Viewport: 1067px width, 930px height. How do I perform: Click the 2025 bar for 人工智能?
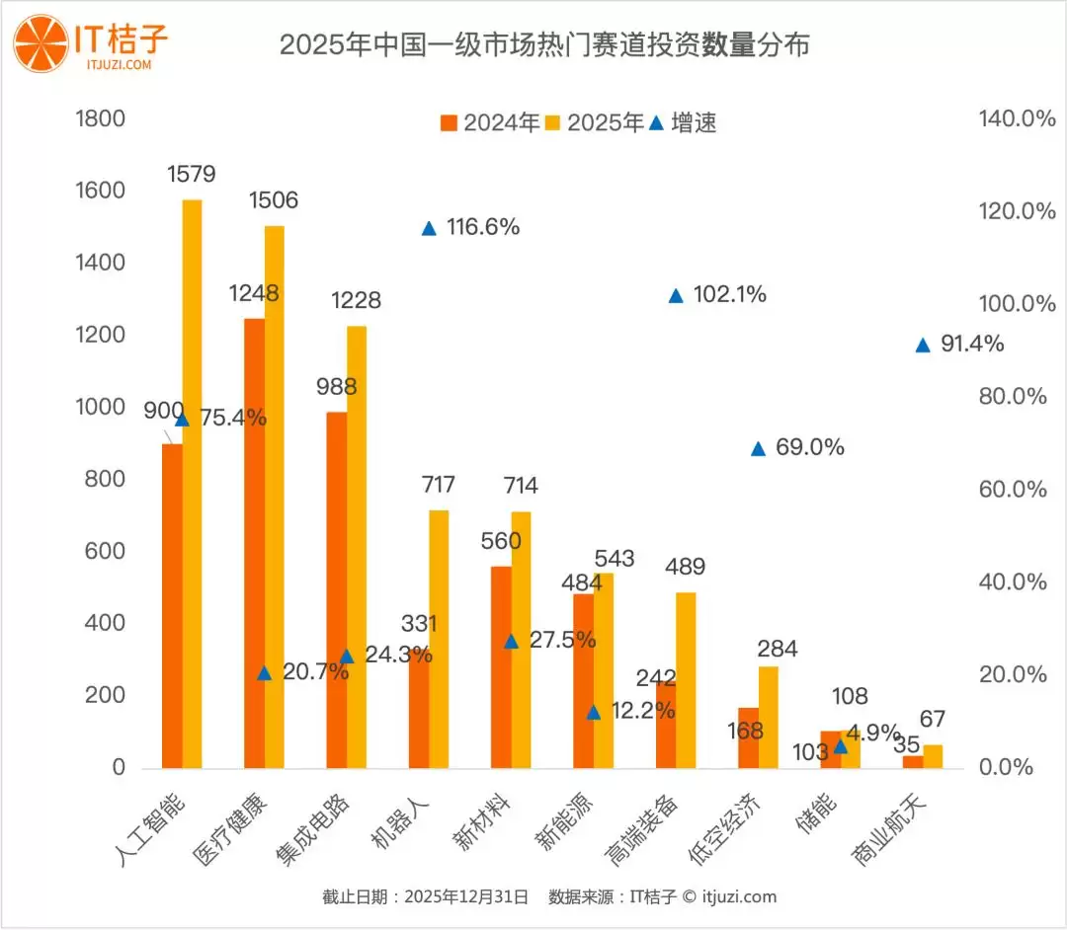pyautogui.click(x=192, y=484)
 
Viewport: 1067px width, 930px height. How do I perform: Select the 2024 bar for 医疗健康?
pyautogui.click(x=254, y=543)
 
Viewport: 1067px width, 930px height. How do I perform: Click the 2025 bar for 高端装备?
pyautogui.click(x=686, y=680)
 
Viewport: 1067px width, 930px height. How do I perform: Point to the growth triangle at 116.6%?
pyautogui.click(x=429, y=228)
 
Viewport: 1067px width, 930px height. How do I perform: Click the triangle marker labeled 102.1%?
pyautogui.click(x=676, y=296)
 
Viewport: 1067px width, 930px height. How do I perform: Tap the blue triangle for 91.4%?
pyautogui.click(x=923, y=346)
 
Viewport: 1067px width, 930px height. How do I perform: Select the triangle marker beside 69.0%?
pyautogui.click(x=758, y=449)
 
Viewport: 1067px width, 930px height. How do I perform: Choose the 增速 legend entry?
pyautogui.click(x=683, y=123)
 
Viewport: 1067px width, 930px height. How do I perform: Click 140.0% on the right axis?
pyautogui.click(x=1017, y=119)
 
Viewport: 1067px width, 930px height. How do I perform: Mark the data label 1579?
pyautogui.click(x=191, y=175)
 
